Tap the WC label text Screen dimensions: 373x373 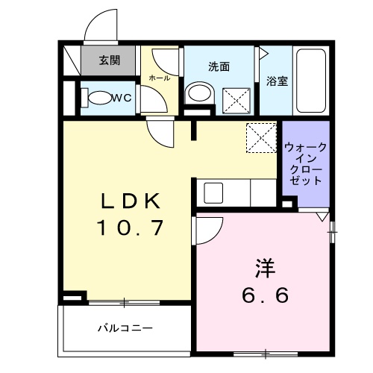point(122,97)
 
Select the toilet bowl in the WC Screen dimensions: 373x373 point(96,97)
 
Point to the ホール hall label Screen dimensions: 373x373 point(159,78)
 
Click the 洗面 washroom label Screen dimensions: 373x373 point(218,66)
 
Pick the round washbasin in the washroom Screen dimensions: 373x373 point(198,94)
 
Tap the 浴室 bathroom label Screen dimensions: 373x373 point(277,81)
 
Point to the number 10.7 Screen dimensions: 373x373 point(131,227)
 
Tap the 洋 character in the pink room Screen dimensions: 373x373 point(265,267)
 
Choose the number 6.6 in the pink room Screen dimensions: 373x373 point(265,295)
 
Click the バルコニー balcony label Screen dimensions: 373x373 point(125,327)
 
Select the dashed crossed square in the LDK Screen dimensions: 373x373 point(262,137)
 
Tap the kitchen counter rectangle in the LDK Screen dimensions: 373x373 point(235,192)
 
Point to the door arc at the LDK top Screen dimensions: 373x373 point(162,134)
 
